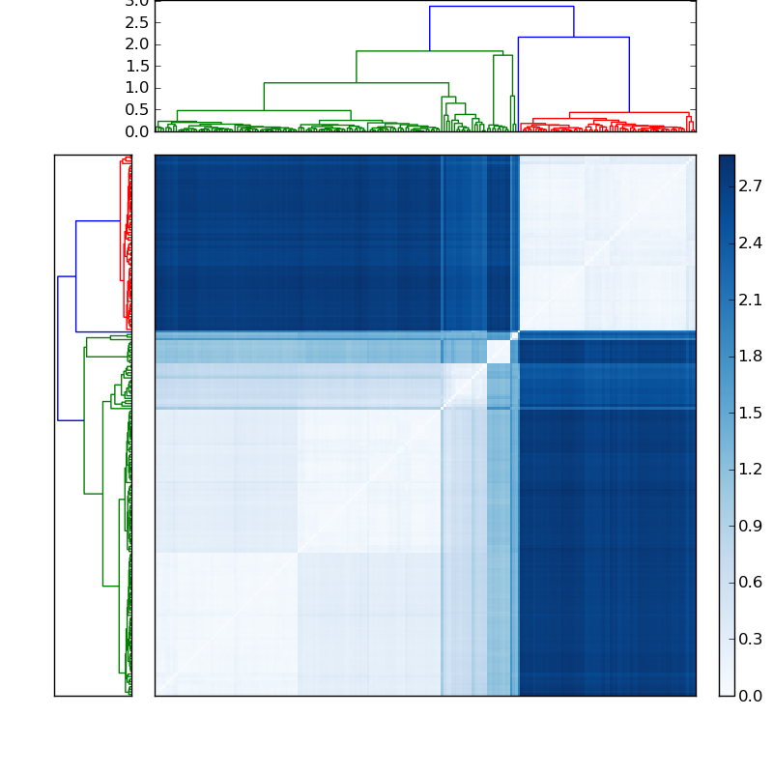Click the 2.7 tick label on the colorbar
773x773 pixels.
coord(751,186)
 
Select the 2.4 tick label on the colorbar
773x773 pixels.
coord(751,243)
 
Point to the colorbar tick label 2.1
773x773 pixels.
coord(751,300)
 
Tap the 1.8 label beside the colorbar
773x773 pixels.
coord(751,356)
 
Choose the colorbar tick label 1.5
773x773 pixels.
coord(751,413)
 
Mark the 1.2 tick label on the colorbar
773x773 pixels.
coord(751,470)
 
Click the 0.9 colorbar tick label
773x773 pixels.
coord(751,526)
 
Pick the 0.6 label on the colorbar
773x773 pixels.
coord(751,583)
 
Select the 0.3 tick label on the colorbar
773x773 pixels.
coord(751,639)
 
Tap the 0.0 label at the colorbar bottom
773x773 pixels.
coord(751,696)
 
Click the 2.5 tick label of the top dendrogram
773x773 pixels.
coord(137,22)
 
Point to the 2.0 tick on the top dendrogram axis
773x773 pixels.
coord(137,44)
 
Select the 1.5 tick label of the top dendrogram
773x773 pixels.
coord(137,66)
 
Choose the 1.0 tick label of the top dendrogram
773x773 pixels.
coord(137,88)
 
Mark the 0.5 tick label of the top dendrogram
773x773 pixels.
coord(137,109)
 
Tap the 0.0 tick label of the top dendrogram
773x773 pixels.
coord(137,131)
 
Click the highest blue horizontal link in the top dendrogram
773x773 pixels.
coord(501,7)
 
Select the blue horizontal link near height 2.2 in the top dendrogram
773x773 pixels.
coord(573,37)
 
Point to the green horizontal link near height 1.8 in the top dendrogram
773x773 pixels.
coord(429,51)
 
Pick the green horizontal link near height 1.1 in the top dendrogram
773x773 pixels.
coord(356,83)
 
